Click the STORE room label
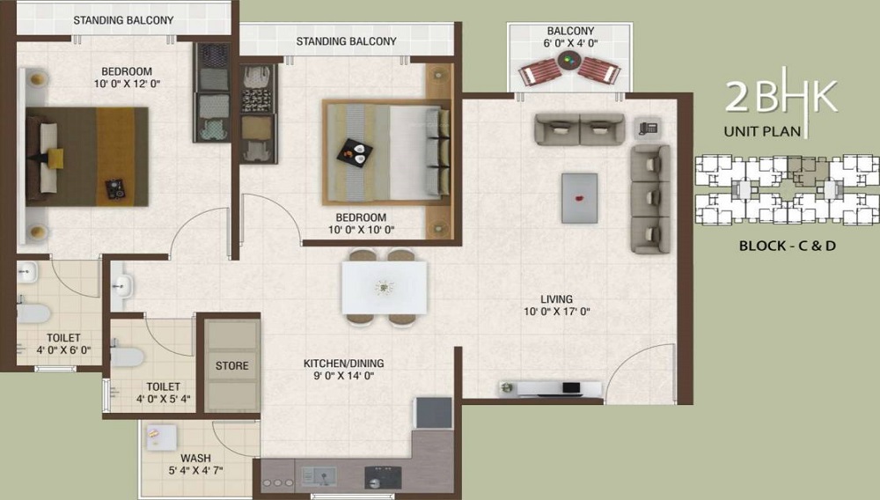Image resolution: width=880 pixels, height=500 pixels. pyautogui.click(x=231, y=365)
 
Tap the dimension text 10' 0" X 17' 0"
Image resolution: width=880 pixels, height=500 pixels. pyautogui.click(x=557, y=312)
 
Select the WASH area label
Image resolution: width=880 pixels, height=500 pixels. pyautogui.click(x=194, y=458)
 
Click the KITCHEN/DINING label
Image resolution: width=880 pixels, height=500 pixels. pyautogui.click(x=343, y=363)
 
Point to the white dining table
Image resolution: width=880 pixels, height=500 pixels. pyautogui.click(x=384, y=287)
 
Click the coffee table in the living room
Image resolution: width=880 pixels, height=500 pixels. pyautogui.click(x=579, y=197)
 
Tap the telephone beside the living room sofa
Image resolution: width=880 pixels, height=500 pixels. pyautogui.click(x=649, y=128)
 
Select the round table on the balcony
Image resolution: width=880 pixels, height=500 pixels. pyautogui.click(x=568, y=62)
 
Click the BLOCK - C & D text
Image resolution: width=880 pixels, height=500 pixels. pyautogui.click(x=787, y=246)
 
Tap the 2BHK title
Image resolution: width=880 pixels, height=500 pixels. pyautogui.click(x=780, y=97)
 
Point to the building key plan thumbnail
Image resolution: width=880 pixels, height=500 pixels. pyautogui.click(x=786, y=188)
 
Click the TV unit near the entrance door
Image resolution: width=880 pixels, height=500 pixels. pyautogui.click(x=550, y=388)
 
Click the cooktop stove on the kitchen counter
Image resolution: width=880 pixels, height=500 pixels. pyautogui.click(x=383, y=476)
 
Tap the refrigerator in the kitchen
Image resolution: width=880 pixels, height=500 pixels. pyautogui.click(x=433, y=413)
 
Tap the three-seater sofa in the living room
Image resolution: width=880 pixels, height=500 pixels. pyautogui.click(x=650, y=199)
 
